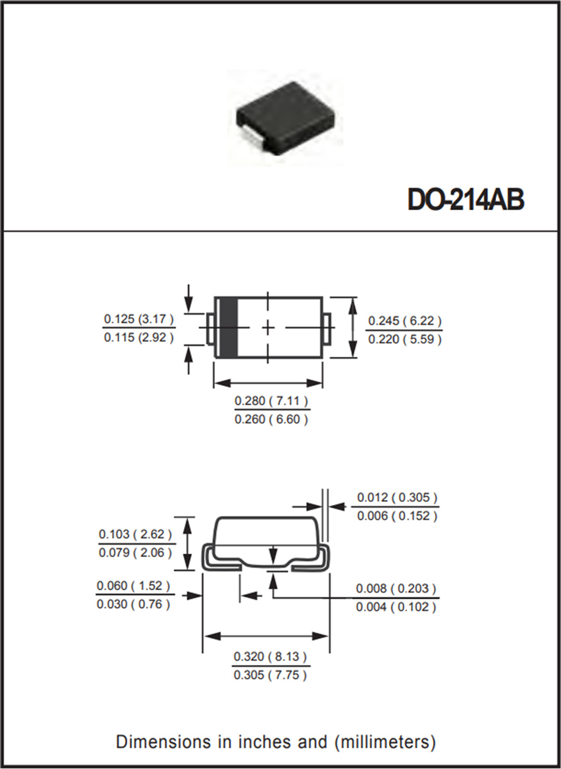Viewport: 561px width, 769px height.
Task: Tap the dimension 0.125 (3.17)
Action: coord(138,319)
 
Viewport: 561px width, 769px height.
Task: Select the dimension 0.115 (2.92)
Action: coord(138,337)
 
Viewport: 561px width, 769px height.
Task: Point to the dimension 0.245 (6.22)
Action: coord(405,322)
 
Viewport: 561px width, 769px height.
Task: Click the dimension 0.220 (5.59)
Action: coord(405,340)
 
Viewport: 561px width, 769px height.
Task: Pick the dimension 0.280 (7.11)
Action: coord(271,402)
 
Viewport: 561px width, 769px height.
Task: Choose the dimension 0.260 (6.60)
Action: coord(271,420)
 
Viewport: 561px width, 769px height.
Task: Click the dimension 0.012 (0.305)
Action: coord(398,497)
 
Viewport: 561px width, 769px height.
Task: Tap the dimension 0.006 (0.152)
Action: coord(398,516)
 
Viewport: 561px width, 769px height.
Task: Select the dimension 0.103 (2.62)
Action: coord(135,534)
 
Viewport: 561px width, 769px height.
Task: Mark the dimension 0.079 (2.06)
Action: coord(135,552)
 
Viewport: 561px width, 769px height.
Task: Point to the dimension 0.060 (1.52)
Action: coord(134,586)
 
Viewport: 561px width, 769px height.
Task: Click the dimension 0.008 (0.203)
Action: coord(396,588)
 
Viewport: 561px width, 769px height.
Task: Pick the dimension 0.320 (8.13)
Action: coord(271,657)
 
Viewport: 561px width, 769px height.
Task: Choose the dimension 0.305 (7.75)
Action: coord(271,675)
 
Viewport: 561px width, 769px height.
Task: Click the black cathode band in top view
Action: coord(230,327)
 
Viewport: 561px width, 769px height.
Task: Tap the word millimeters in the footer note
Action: coord(384,742)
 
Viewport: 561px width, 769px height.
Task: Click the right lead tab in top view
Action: coord(327,327)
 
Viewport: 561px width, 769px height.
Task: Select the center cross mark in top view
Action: coord(268,327)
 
